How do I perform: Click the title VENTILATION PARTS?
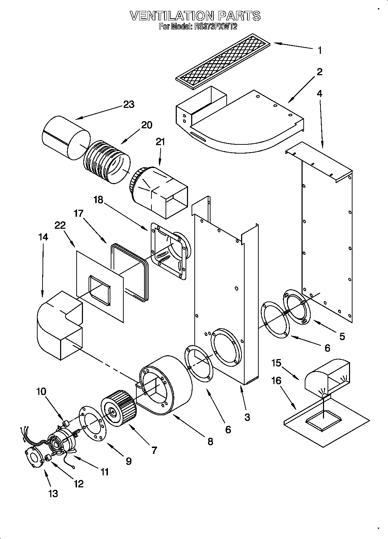coord(195,15)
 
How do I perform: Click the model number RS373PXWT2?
coord(215,26)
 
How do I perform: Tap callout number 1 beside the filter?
coord(319,51)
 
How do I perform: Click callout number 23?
coord(129,104)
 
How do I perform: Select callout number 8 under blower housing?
coord(210,441)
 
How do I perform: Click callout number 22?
coord(60,225)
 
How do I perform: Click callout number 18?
coord(98,200)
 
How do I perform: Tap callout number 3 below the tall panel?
coord(247,417)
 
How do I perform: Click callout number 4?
coord(319,93)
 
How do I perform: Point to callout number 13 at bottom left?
coord(53,494)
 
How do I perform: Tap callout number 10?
coord(41,391)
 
